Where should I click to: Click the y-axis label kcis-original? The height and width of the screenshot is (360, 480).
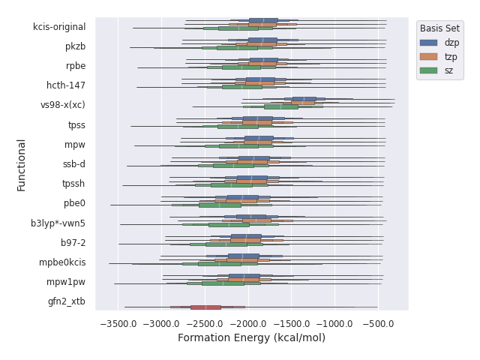pos(59,27)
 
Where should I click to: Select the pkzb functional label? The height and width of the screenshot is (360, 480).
pos(75,46)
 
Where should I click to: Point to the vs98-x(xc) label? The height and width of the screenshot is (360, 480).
pos(63,105)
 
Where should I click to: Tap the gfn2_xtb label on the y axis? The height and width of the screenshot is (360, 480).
pos(67,301)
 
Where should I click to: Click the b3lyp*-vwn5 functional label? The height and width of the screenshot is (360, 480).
pos(58,223)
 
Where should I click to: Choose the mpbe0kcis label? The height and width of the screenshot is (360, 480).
pos(62,262)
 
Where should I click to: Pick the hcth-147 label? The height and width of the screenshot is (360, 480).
pos(66,85)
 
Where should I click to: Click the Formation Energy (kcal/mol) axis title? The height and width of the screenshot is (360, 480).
pos(251,338)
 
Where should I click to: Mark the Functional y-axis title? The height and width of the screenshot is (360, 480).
pos(22,164)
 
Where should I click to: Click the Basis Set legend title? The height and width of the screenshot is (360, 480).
pos(439,28)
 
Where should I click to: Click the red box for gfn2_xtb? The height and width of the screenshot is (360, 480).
pos(205,307)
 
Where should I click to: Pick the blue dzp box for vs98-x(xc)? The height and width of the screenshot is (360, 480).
pos(304,99)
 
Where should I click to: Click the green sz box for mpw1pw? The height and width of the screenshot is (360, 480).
pos(222,283)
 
